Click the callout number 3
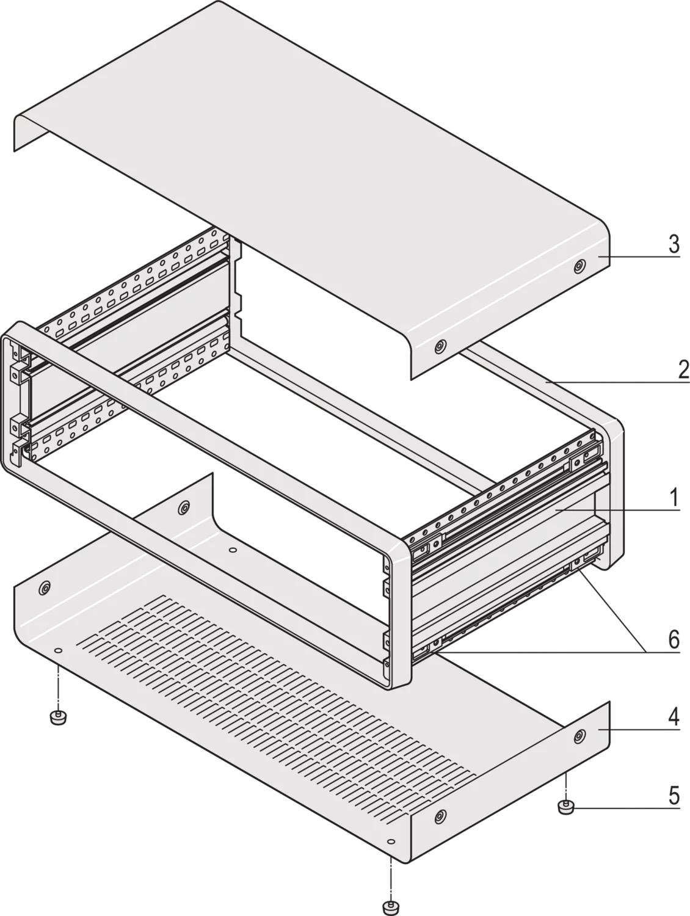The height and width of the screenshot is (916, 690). (674, 244)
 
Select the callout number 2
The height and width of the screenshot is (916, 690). (683, 369)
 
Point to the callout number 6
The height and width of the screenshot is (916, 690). (674, 639)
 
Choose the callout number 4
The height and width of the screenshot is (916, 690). (674, 716)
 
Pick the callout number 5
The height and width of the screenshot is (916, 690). (674, 795)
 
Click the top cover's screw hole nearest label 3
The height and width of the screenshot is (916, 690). (578, 266)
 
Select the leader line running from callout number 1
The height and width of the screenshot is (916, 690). (617, 510)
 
